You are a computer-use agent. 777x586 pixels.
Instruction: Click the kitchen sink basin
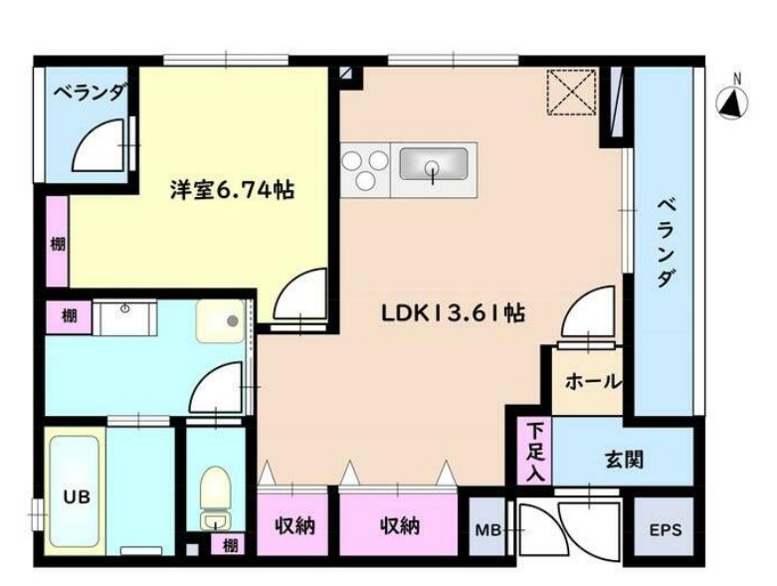coord(434,162)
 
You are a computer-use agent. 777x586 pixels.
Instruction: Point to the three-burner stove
coord(364,168)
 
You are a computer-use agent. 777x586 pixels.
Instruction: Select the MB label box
coord(487,529)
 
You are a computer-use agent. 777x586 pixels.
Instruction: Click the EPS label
coord(666,529)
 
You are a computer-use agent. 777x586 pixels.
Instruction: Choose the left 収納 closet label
coord(294,524)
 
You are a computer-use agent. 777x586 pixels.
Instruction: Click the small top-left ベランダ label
coord(90,94)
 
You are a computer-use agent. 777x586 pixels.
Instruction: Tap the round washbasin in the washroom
coord(227,320)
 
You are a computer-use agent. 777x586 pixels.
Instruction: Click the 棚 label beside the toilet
coord(230,544)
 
